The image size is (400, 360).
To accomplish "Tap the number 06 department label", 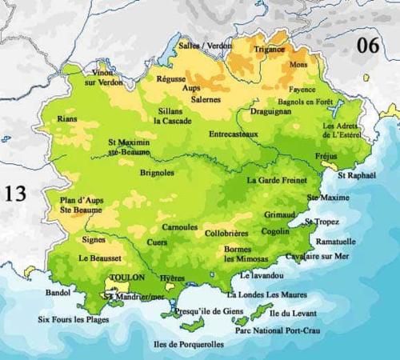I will click(x=369, y=45).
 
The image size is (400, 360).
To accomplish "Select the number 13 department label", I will click(x=15, y=193).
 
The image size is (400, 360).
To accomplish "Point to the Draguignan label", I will click(x=275, y=114).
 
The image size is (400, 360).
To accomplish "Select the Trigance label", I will click(x=270, y=49).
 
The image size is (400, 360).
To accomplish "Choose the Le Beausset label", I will click(x=100, y=258).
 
